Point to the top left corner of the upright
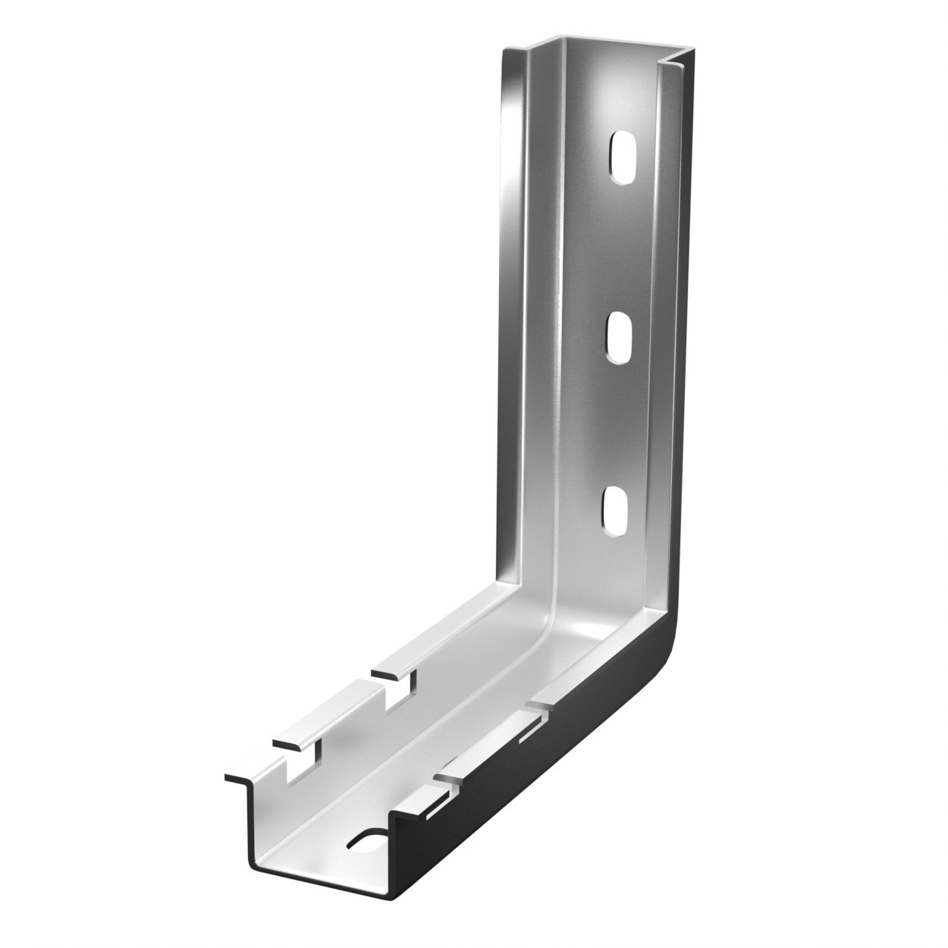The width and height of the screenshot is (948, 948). click(x=507, y=52)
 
